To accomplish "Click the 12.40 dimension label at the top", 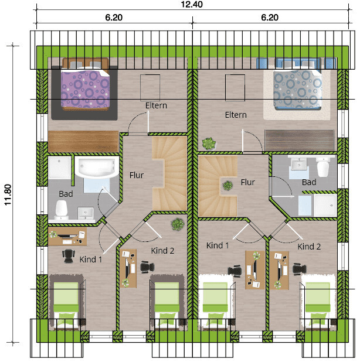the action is [192, 5].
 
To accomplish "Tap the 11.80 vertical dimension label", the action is [8, 194].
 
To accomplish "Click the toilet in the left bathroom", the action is [62, 210].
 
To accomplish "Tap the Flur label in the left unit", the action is [137, 175].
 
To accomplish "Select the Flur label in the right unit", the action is [247, 182].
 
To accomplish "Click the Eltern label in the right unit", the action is [236, 115].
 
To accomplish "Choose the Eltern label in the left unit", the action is [156, 105].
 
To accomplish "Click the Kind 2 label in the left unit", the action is [162, 251].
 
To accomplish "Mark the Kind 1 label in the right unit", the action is [218, 245].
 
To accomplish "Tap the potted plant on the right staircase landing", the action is [227, 185].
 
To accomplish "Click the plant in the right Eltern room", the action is [209, 144].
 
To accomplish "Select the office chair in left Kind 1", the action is [69, 256].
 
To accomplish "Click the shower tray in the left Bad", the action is [59, 168].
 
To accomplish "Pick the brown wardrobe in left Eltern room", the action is [83, 141].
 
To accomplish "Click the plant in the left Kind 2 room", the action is [178, 224].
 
